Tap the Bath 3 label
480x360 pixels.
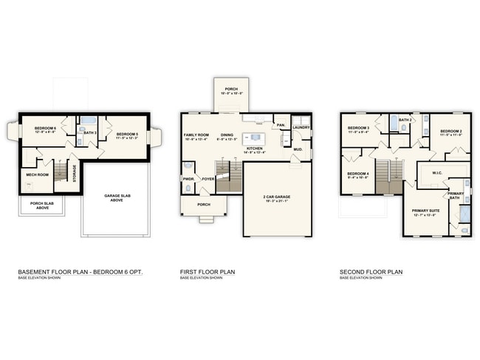pos(91,133)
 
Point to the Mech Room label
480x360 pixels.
pos(37,174)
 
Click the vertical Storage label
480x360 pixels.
pos(74,172)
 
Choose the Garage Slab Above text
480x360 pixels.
pos(117,197)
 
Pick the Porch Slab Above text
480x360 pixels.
pos(41,207)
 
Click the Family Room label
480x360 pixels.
pos(196,135)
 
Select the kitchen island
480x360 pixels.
pos(256,137)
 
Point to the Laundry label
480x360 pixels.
pos(301,128)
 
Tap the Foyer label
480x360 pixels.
pos(209,178)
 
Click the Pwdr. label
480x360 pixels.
pos(188,178)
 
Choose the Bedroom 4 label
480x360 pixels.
pos(358,175)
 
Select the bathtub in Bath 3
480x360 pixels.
pos(88,120)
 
